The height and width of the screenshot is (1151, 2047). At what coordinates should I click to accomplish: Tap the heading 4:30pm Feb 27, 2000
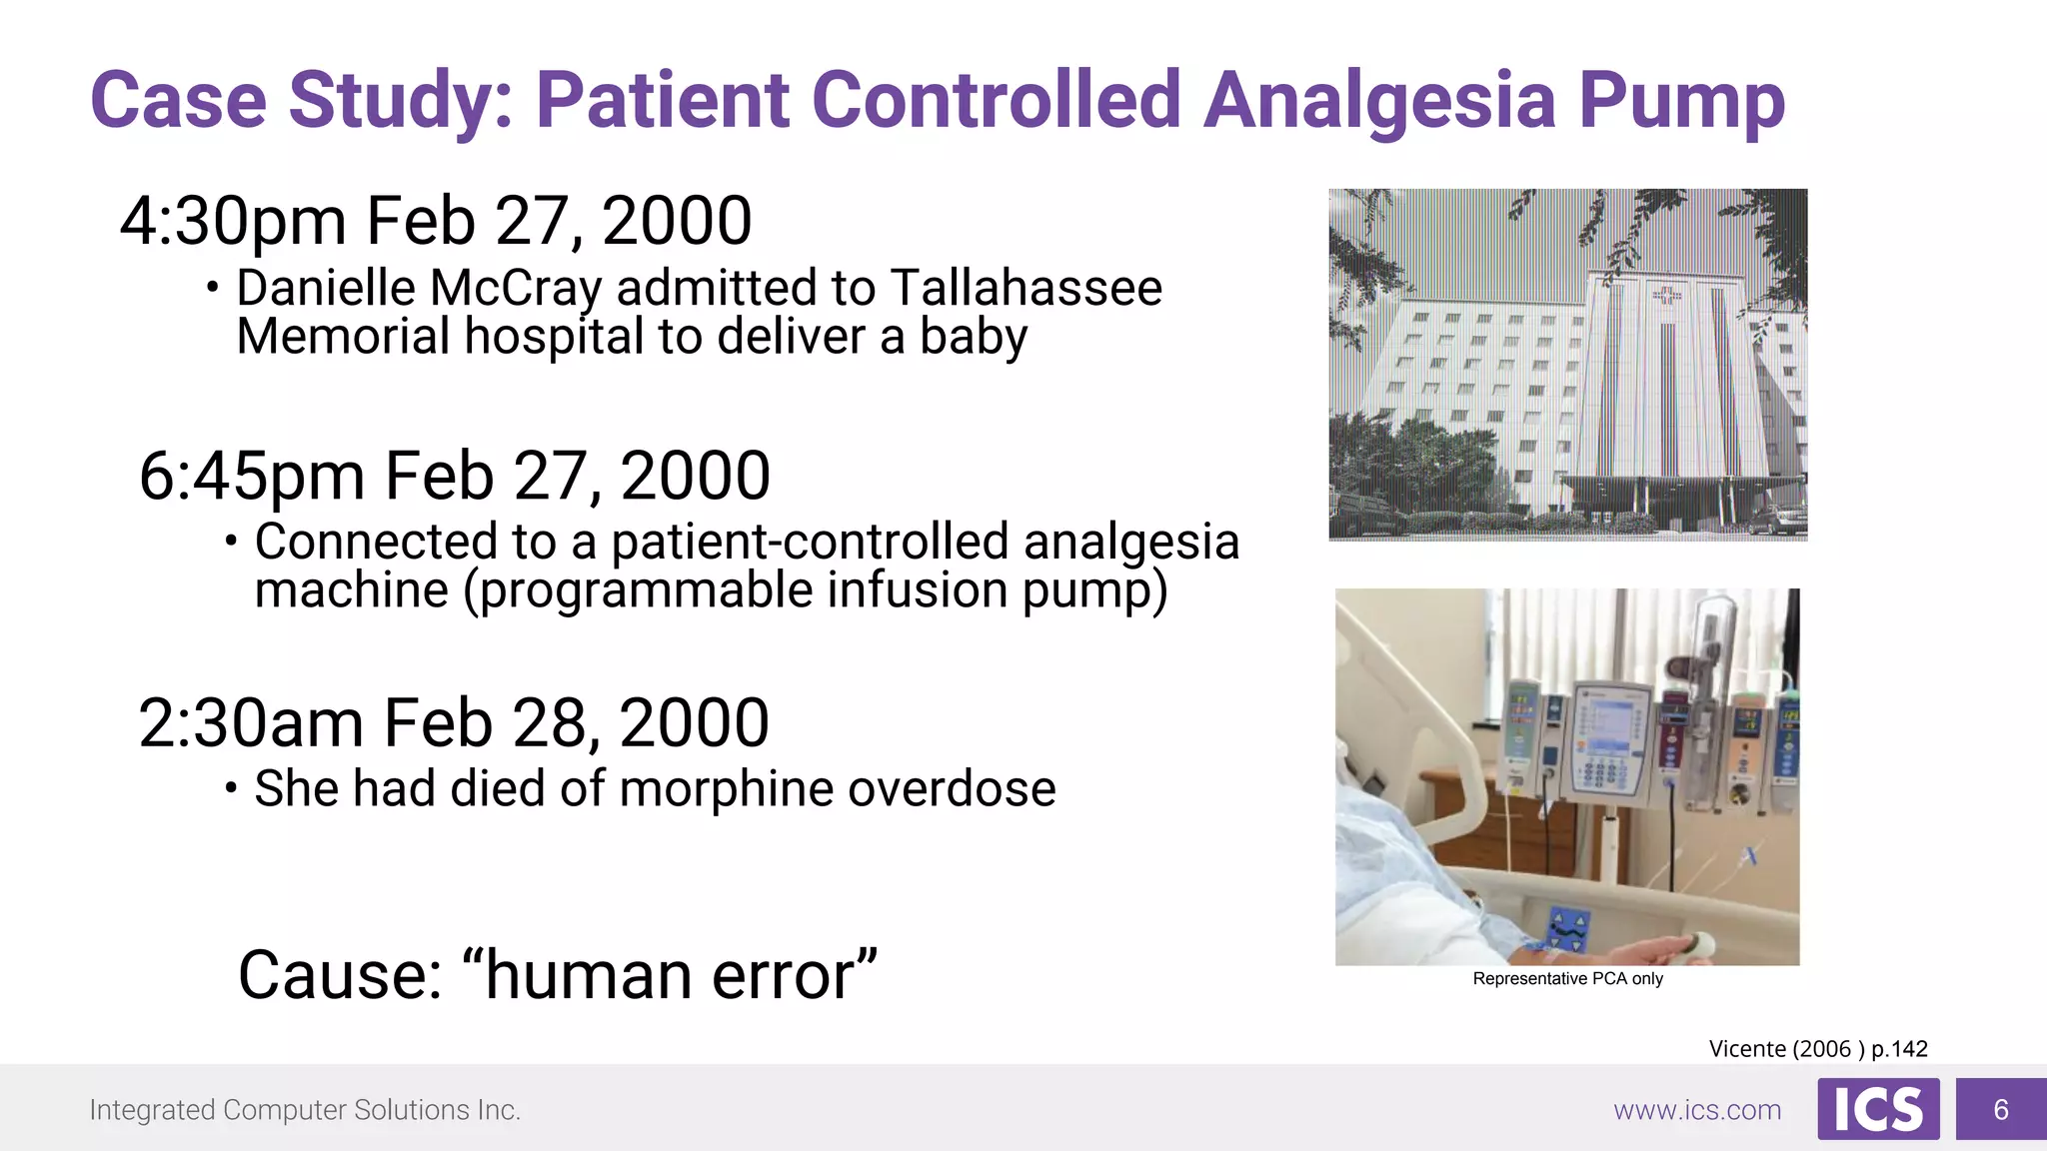pyautogui.click(x=436, y=221)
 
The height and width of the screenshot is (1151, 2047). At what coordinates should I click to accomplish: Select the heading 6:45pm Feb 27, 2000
pyautogui.click(x=455, y=476)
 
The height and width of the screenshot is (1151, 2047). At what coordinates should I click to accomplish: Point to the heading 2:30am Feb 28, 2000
pyautogui.click(x=454, y=723)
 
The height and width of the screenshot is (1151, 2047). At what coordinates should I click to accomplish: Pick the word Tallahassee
pyautogui.click(x=1025, y=289)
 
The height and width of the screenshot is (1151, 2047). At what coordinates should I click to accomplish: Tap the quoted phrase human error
pyautogui.click(x=671, y=975)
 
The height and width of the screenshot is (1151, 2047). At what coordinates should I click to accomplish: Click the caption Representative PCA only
pyautogui.click(x=1567, y=979)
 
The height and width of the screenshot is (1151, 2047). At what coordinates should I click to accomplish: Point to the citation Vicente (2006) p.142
pyautogui.click(x=1817, y=1049)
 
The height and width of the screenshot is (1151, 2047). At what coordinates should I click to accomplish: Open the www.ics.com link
pyautogui.click(x=1697, y=1110)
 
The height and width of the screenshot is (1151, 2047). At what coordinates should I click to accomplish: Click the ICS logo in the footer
pyautogui.click(x=1878, y=1109)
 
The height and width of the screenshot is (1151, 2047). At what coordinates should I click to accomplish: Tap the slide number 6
pyautogui.click(x=2001, y=1109)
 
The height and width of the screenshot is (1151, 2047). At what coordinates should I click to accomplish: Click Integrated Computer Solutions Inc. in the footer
pyautogui.click(x=305, y=1110)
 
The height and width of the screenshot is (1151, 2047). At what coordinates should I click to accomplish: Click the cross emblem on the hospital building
pyautogui.click(x=1666, y=295)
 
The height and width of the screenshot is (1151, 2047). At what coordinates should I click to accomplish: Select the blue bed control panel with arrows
pyautogui.click(x=1566, y=928)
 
